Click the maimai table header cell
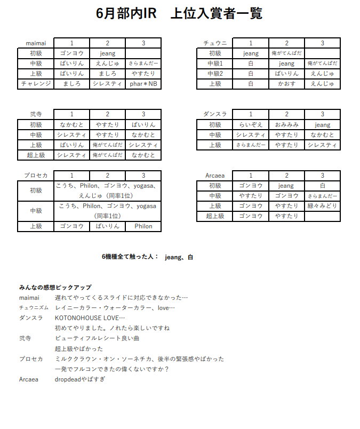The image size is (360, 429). tap(36, 43)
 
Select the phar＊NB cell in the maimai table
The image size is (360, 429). tap(143, 84)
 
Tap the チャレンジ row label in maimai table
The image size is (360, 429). tap(36, 84)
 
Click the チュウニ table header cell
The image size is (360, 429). tap(215, 43)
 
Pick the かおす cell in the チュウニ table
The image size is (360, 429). tap(286, 84)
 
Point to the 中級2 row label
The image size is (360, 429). tap(215, 74)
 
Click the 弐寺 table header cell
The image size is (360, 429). tap(36, 114)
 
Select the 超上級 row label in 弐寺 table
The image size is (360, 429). tap(36, 155)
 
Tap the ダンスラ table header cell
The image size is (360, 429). tap(215, 114)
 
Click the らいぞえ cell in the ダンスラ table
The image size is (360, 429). tap(251, 125)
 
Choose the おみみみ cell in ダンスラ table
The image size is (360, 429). tap(286, 125)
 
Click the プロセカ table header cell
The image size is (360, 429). tap(36, 176)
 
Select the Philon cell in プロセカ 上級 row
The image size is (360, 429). tap(143, 226)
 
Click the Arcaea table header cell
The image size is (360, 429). tap(215, 176)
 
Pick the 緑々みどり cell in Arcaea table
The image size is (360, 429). tap(322, 206)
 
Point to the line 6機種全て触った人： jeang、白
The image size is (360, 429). tap(147, 257)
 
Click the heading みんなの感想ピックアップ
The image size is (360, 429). tap(55, 288)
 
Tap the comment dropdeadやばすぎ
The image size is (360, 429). tap(80, 379)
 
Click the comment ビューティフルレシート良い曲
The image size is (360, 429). tap(97, 338)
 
